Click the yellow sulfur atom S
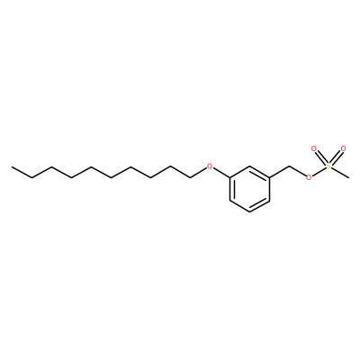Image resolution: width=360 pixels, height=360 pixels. (328, 166)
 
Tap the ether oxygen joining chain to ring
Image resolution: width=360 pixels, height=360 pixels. (210, 166)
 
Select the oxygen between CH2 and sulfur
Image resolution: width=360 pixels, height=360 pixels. (309, 178)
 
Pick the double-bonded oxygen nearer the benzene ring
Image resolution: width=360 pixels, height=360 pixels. (314, 148)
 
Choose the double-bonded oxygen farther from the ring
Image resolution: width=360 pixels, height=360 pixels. (344, 148)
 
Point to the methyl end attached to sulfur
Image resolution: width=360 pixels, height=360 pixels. (348, 178)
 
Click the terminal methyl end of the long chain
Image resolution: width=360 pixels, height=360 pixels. (12, 166)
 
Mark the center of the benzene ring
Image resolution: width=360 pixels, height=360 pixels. (249, 189)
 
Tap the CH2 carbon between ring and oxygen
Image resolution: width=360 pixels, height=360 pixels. (289, 166)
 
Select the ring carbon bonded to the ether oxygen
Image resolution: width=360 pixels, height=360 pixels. (229, 177)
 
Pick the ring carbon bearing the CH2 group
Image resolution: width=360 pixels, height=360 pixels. (269, 177)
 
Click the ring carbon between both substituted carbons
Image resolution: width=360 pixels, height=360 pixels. (249, 166)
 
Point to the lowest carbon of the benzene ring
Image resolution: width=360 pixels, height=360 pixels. (249, 212)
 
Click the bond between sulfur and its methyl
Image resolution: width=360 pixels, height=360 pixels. (339, 172)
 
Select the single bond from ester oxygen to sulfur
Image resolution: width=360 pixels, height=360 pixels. (319, 172)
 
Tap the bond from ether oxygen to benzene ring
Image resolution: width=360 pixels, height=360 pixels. (221, 173)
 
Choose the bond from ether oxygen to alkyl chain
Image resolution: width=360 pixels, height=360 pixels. (199, 172)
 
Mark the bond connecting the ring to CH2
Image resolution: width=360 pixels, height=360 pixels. (279, 172)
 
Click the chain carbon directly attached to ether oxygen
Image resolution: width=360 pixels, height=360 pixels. (191, 177)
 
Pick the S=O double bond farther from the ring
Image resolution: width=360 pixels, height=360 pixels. (336, 157)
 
